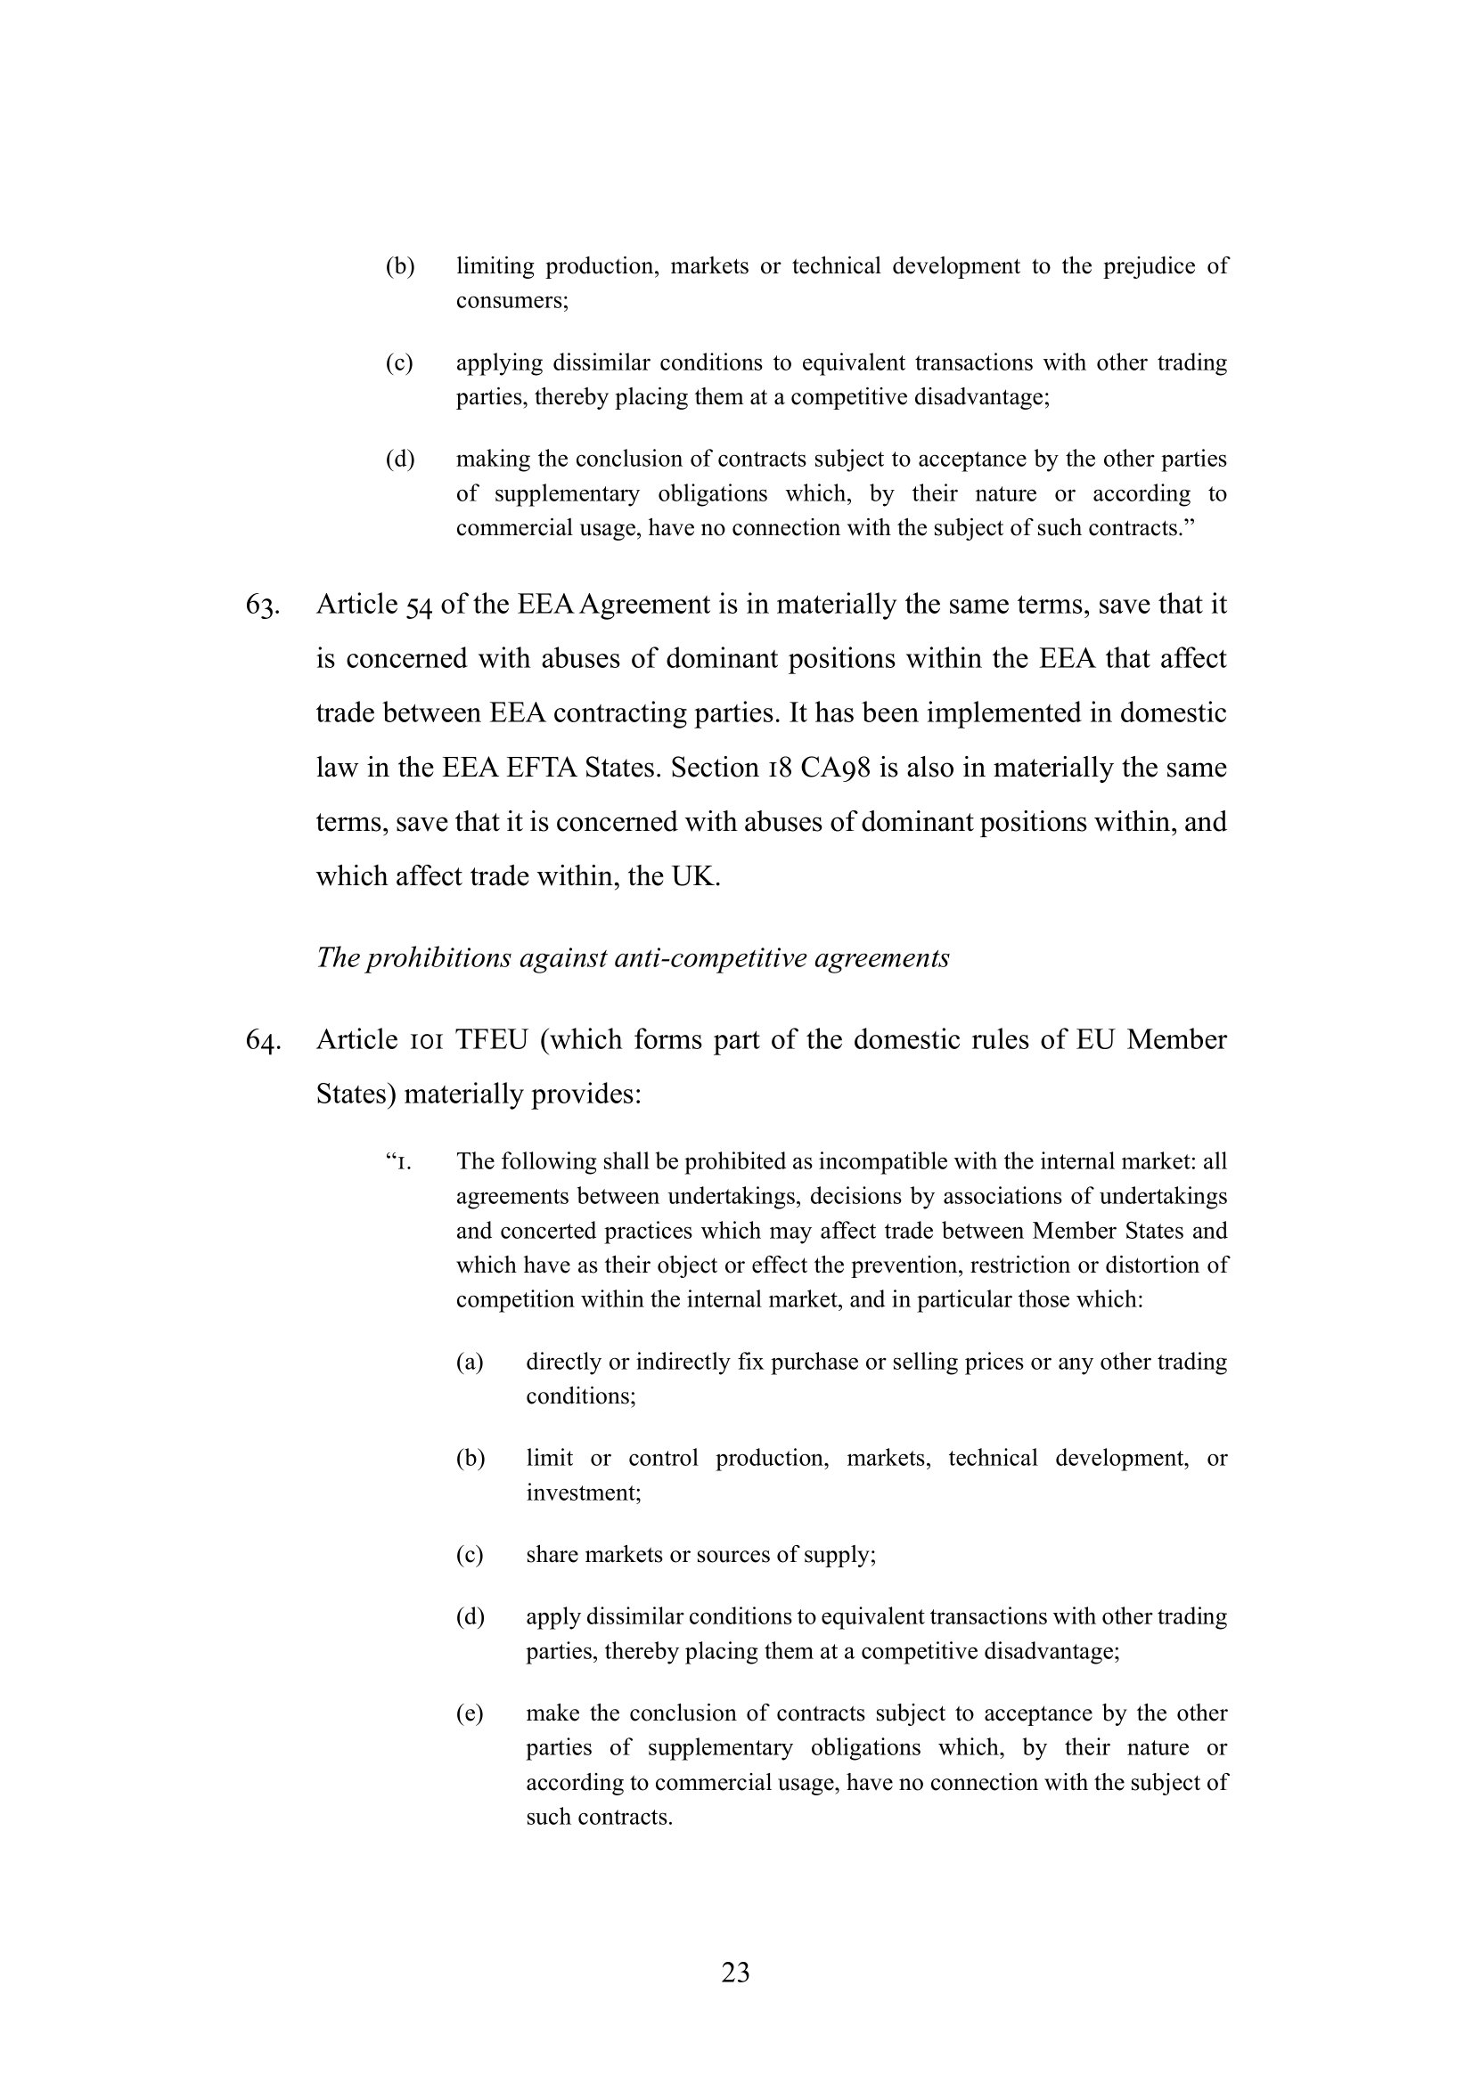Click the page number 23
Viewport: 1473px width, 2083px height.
735,1973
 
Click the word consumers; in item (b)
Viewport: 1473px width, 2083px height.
511,300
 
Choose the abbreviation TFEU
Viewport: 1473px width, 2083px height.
491,1039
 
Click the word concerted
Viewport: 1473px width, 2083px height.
547,1231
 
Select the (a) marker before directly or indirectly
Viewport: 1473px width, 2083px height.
470,1362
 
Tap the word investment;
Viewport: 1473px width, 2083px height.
583,1493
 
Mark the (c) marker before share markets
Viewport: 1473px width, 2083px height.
470,1554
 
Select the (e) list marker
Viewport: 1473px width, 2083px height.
470,1713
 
